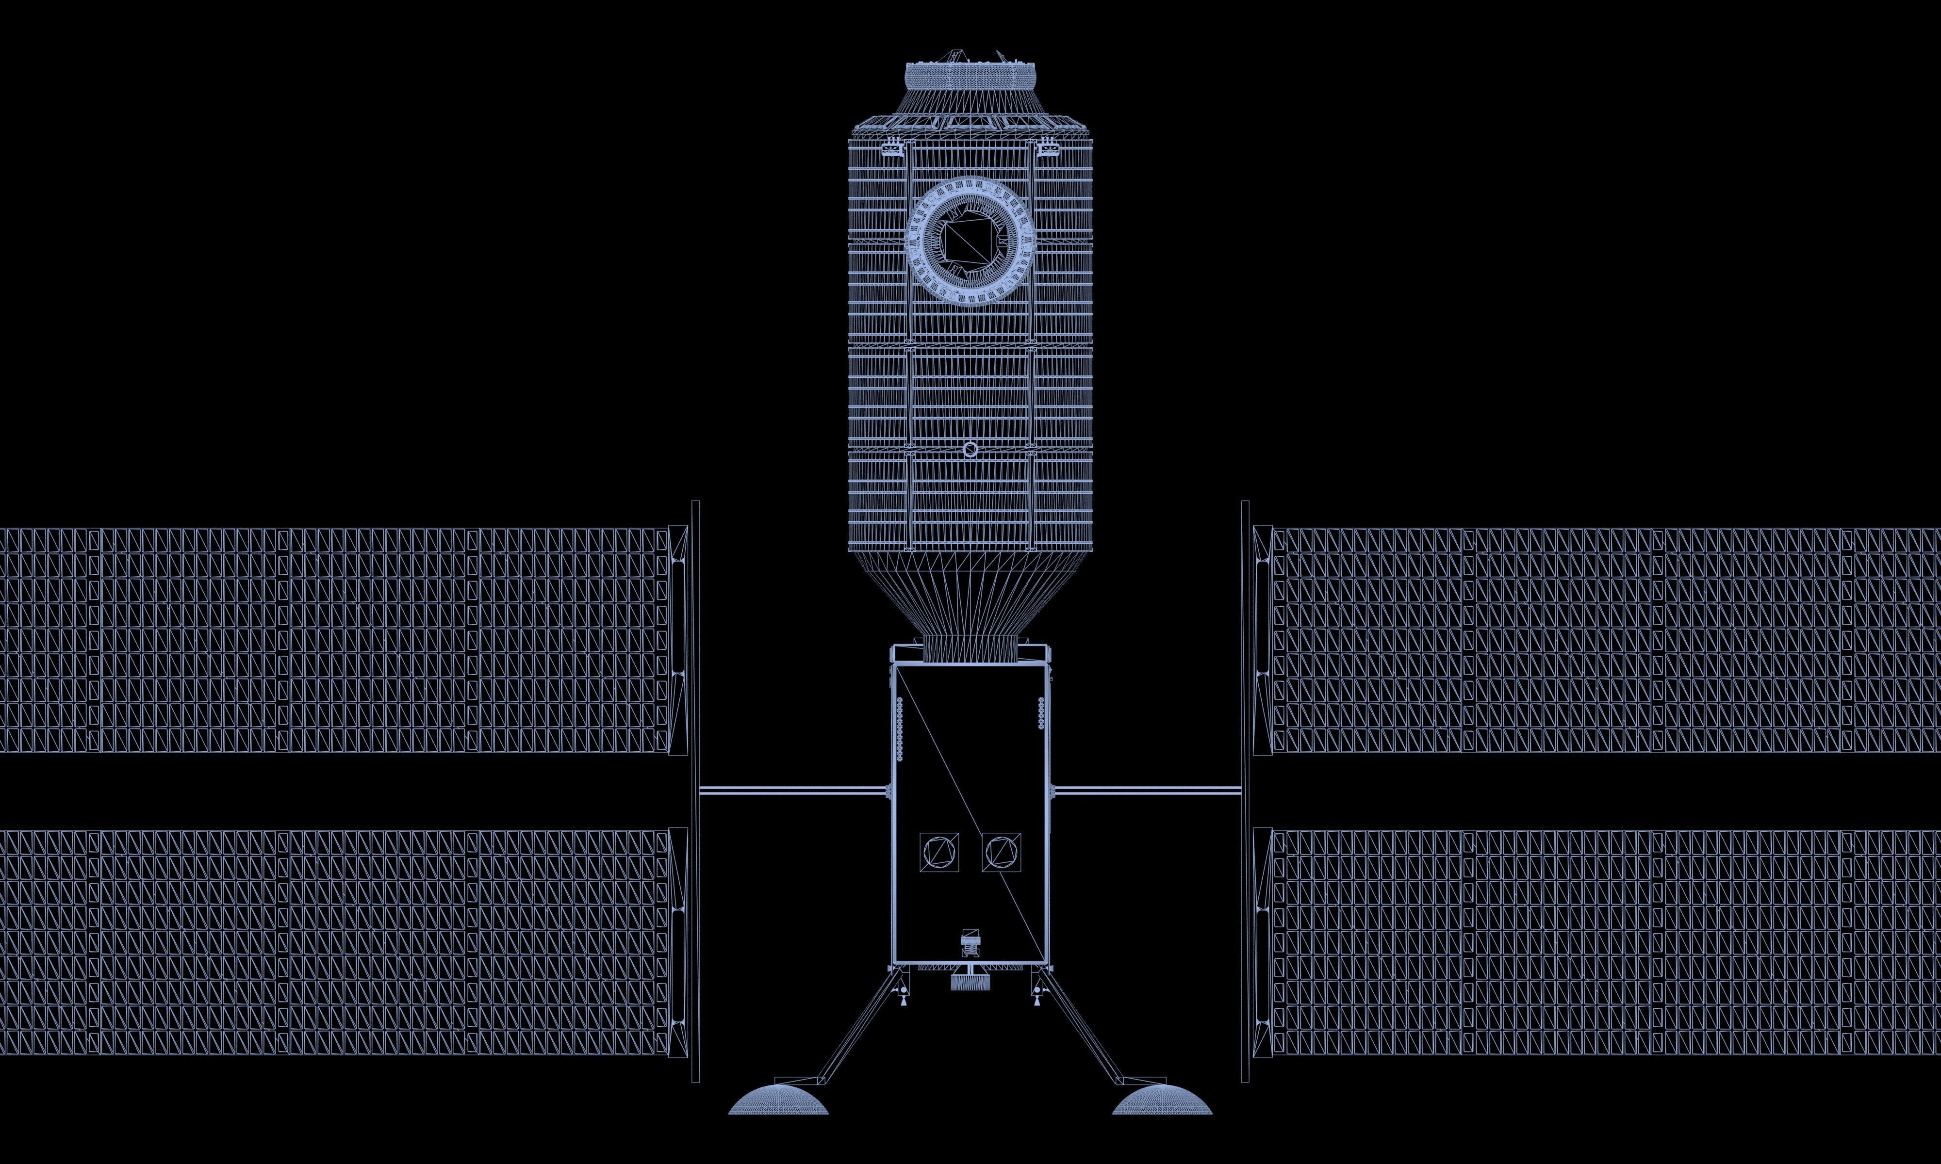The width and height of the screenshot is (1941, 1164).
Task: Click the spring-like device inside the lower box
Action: coord(970,941)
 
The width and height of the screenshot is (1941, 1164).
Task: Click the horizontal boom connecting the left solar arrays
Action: coord(792,791)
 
